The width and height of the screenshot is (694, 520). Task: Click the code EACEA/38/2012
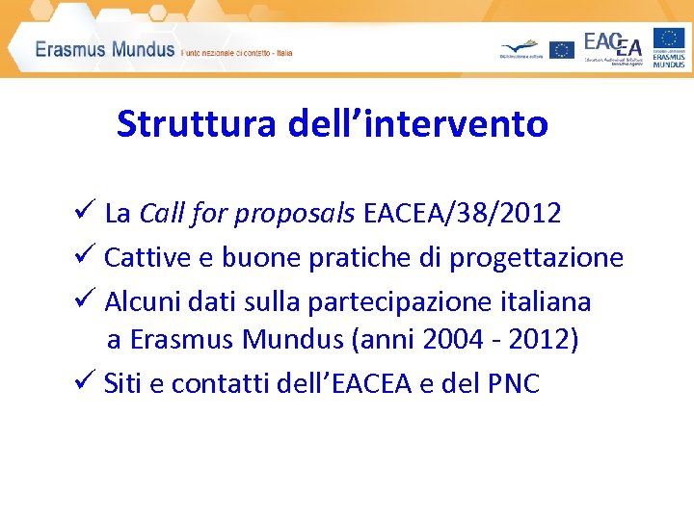tap(463, 214)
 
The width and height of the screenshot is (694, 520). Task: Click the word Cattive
tap(143, 258)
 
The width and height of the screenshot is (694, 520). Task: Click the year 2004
tap(472, 340)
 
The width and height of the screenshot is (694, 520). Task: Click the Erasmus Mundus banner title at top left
tap(105, 50)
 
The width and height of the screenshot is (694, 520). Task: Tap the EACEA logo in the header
tap(613, 46)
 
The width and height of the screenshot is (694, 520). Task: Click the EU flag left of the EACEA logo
tap(562, 50)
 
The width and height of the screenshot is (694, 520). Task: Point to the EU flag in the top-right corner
tap(669, 39)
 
